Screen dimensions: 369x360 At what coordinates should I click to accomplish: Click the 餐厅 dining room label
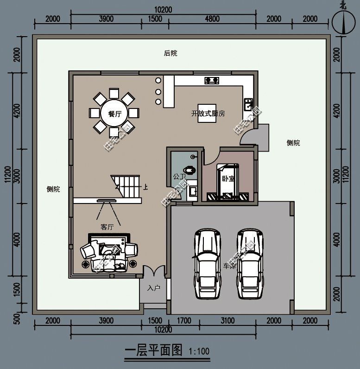click(x=114, y=114)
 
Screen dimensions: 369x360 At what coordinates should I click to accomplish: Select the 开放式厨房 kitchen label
click(x=208, y=114)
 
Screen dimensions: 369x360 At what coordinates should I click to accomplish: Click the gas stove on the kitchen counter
click(x=212, y=81)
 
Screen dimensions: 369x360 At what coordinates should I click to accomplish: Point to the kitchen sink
click(x=248, y=103)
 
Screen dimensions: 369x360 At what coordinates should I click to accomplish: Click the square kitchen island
click(x=207, y=113)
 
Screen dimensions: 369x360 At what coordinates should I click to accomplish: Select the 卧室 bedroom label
click(x=227, y=179)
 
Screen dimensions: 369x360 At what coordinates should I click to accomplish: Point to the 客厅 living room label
click(x=107, y=227)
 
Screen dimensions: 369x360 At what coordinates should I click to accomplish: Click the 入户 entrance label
click(x=153, y=288)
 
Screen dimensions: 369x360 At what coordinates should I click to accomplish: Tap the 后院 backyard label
click(x=171, y=53)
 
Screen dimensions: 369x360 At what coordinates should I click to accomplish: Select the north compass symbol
click(x=342, y=21)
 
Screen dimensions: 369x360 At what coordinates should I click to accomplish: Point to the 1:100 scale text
click(x=199, y=351)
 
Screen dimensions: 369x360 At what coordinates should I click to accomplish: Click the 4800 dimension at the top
click(x=212, y=19)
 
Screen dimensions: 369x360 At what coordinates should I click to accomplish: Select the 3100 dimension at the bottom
click(x=227, y=320)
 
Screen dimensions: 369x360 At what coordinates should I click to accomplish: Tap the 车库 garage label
click(x=229, y=266)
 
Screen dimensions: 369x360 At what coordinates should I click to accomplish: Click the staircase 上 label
click(x=146, y=188)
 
